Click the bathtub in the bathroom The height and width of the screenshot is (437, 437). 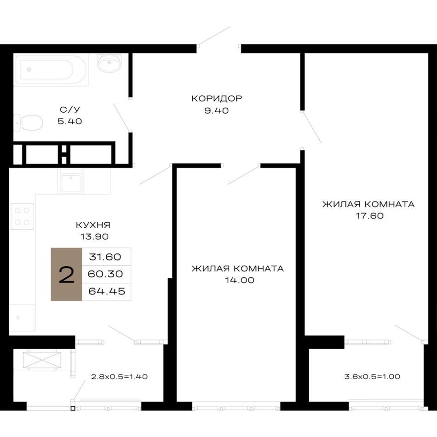coord(52,69)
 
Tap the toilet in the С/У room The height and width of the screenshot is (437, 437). coord(29,123)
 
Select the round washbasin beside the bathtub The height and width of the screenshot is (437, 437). coord(109,63)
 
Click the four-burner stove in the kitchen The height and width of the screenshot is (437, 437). coord(22,216)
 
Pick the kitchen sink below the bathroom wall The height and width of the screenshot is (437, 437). coord(71,181)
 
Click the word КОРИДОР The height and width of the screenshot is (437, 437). coord(217,98)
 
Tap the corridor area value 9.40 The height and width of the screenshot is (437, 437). coord(217,111)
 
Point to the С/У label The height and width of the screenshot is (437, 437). coord(69,109)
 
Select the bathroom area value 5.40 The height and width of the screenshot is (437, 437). coord(69,121)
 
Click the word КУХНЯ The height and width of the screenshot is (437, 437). coord(93,224)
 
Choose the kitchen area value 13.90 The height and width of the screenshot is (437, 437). coord(94,236)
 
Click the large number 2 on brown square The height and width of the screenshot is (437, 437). coord(67,275)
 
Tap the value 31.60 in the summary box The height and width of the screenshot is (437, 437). coord(105,257)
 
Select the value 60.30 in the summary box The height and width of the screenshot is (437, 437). coord(105,274)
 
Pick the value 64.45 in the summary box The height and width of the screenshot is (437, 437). coord(107,291)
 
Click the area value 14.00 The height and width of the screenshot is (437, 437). coord(240,280)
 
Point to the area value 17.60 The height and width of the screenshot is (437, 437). coord(369,216)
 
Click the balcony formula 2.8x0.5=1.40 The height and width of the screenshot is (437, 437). coord(119,377)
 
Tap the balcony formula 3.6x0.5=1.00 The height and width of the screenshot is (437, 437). coord(372,377)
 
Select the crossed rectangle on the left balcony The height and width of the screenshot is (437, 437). coord(42,360)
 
